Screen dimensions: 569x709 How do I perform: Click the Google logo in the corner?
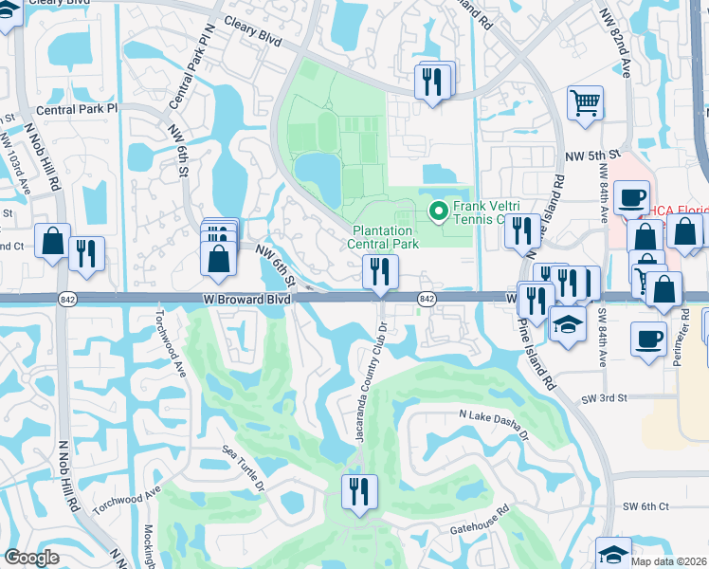click(31, 558)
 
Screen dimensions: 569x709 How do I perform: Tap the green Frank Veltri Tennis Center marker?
click(439, 211)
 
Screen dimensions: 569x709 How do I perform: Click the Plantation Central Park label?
click(386, 237)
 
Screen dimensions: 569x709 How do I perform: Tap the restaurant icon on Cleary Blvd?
click(436, 80)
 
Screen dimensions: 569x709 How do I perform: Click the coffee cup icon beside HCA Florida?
click(630, 198)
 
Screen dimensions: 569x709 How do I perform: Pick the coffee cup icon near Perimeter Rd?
click(650, 340)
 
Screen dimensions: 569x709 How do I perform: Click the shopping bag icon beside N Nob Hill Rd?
click(53, 241)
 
